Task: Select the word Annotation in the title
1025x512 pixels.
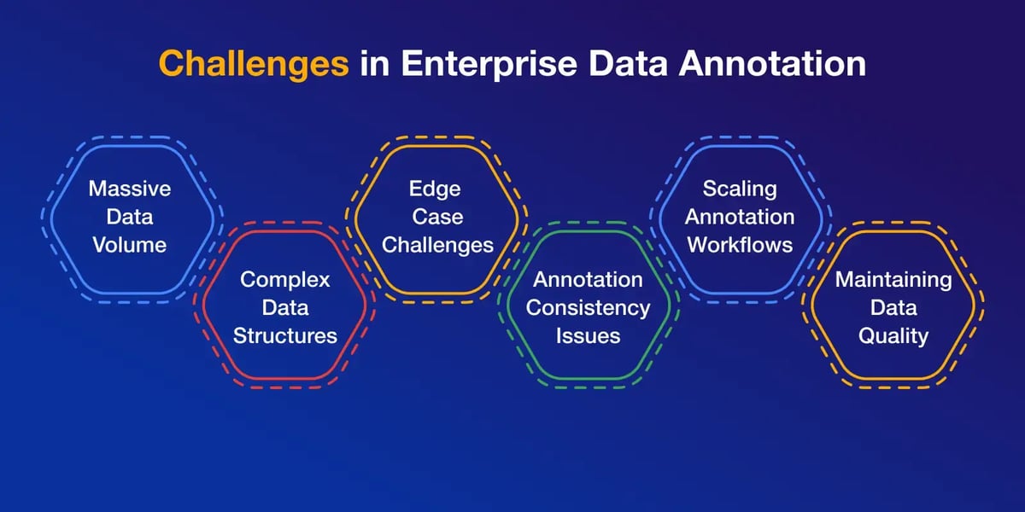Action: [772, 63]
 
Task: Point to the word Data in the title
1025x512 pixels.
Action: [628, 63]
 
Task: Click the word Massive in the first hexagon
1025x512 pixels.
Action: [130, 189]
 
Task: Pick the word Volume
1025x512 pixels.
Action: [130, 245]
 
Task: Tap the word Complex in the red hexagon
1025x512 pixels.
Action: [284, 280]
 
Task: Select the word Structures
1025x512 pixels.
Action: [285, 336]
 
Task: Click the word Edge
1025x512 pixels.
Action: [435, 189]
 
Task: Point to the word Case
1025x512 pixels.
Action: [437, 217]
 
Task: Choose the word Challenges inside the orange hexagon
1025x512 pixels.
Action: [437, 246]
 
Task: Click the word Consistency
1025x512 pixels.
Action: [588, 309]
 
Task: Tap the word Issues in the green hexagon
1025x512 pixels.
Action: [588, 336]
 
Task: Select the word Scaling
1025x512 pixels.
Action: [740, 189]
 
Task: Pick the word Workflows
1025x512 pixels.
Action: [740, 245]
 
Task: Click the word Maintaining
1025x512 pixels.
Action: [893, 280]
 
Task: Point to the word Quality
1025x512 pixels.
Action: [893, 337]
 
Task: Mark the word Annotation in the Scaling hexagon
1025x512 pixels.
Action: [740, 217]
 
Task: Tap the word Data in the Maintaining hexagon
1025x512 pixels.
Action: [893, 308]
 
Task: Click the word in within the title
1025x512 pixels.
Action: [375, 63]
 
